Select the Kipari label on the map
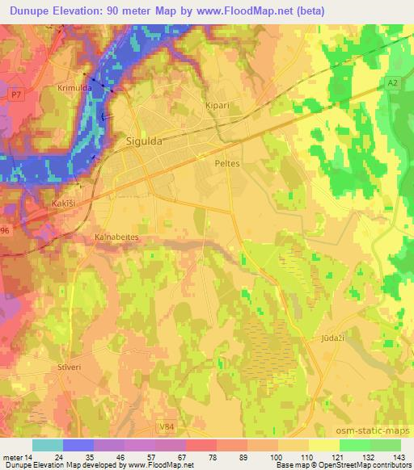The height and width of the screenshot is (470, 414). pyautogui.click(x=218, y=106)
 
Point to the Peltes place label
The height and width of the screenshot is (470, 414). pyautogui.click(x=228, y=163)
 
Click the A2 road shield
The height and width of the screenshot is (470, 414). pyautogui.click(x=392, y=82)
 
